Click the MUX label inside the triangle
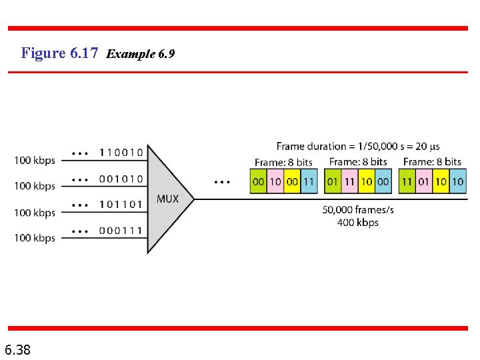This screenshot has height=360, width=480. tap(168, 199)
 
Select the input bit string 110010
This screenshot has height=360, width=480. tap(121, 153)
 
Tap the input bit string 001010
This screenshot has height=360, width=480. tap(121, 179)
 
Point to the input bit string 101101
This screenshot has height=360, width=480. tap(121, 204)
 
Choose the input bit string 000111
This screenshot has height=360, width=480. tap(121, 230)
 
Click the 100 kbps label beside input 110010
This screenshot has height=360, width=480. tap(35, 160)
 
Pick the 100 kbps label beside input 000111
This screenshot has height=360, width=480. tap(35, 238)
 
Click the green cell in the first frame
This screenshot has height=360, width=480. tap(258, 182)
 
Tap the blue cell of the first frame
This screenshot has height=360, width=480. tap(309, 182)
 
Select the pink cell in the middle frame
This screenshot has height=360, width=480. tap(349, 182)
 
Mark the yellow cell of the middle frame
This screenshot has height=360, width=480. tap(367, 182)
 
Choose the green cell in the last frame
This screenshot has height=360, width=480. tap(407, 182)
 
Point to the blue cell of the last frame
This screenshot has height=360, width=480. tap(457, 182)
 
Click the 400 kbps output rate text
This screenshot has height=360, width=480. tap(358, 222)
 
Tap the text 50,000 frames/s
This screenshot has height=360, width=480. tap(358, 209)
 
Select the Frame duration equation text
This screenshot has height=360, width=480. tap(358, 147)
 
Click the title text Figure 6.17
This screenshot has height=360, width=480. tap(60, 53)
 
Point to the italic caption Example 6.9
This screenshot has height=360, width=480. tap(141, 54)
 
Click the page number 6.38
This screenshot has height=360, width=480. tap(17, 349)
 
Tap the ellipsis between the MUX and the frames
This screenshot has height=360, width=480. tap(223, 181)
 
